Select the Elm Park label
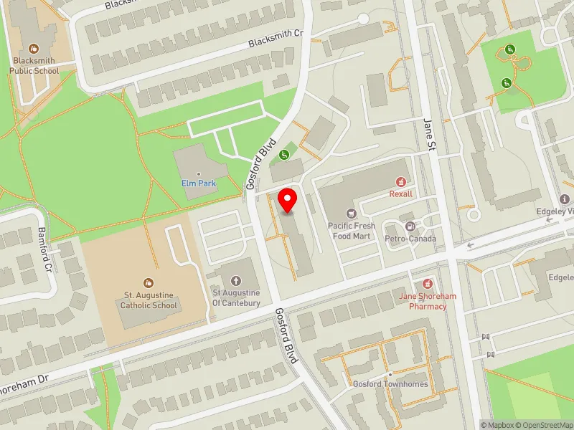click(198, 183)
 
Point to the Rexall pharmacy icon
click(401, 181)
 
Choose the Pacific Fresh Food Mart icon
click(351, 213)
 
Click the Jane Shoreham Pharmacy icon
click(428, 284)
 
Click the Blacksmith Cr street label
click(276, 39)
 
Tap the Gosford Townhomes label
click(390, 384)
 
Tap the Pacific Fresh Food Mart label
click(352, 231)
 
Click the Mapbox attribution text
click(499, 425)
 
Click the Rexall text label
click(401, 193)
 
